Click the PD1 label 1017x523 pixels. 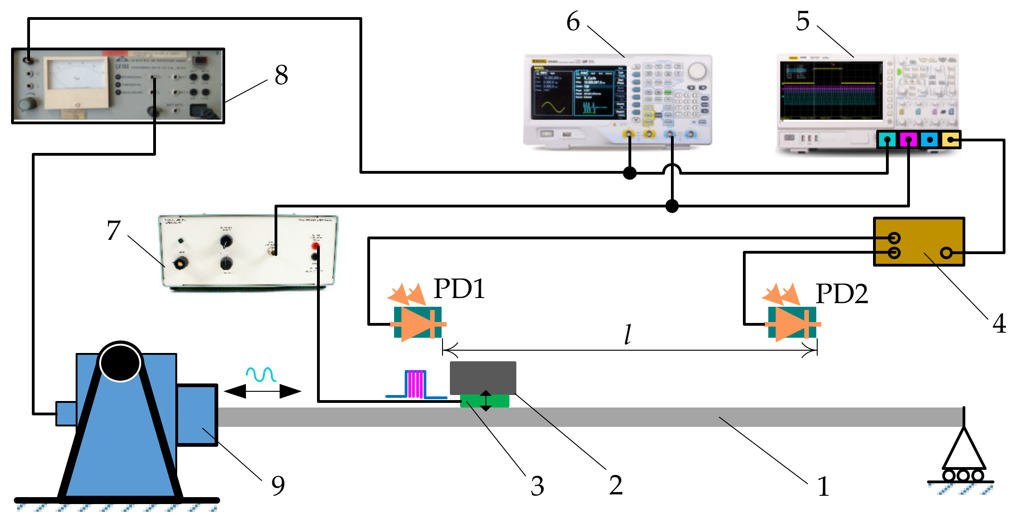click(x=459, y=289)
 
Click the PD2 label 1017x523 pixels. click(x=842, y=294)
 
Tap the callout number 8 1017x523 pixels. click(x=281, y=75)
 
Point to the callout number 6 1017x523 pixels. click(x=573, y=21)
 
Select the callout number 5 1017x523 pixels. click(x=802, y=21)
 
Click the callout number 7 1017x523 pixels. click(x=114, y=230)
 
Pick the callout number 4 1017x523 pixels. click(x=999, y=323)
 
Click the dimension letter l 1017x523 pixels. click(x=628, y=334)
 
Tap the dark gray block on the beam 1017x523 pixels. click(x=483, y=377)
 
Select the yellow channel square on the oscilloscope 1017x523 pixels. click(x=950, y=140)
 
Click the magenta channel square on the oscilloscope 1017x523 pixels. click(x=908, y=140)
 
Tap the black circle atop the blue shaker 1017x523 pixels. click(x=120, y=363)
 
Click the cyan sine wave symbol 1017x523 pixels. click(x=261, y=374)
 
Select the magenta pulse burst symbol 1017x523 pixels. click(x=415, y=384)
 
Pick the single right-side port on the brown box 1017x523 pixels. click(x=946, y=253)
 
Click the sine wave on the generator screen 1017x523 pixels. click(x=553, y=107)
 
